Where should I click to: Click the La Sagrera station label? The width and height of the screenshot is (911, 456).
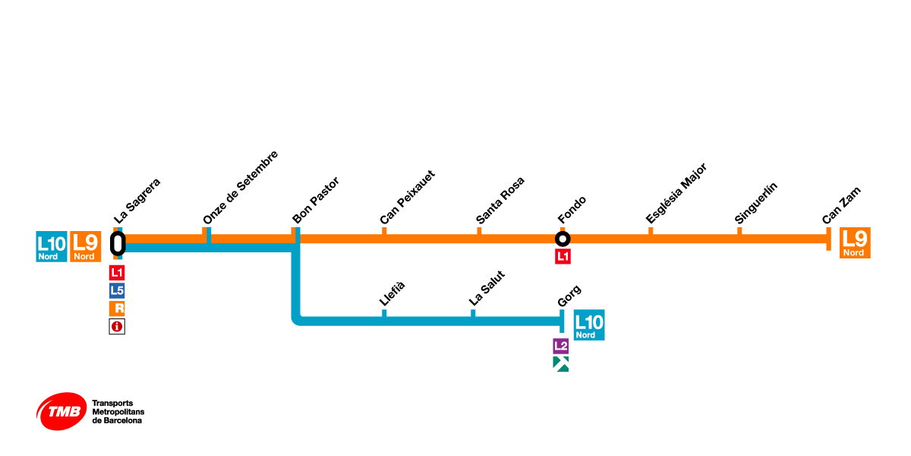137,201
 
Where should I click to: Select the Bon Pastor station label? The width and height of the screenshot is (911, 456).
316,201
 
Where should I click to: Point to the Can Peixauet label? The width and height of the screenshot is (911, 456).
408,198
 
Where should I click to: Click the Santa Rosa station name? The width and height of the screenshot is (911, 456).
500,201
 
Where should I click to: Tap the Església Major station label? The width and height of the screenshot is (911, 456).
676,193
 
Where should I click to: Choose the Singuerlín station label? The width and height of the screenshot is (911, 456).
757,203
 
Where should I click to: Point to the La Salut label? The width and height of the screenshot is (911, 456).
487,288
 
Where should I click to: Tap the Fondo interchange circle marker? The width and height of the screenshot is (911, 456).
563,239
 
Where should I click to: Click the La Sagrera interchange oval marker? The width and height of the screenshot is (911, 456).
118,243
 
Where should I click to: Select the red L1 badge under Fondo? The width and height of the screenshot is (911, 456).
563,257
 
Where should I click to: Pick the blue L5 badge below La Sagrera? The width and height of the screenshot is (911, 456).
117,290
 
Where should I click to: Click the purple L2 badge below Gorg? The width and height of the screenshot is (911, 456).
561,346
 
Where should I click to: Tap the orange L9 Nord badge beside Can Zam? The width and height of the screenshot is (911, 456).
855,243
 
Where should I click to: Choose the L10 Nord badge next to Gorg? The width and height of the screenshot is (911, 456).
589,325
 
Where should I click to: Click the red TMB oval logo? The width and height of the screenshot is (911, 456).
61,411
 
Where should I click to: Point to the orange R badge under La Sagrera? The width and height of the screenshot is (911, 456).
117,309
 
